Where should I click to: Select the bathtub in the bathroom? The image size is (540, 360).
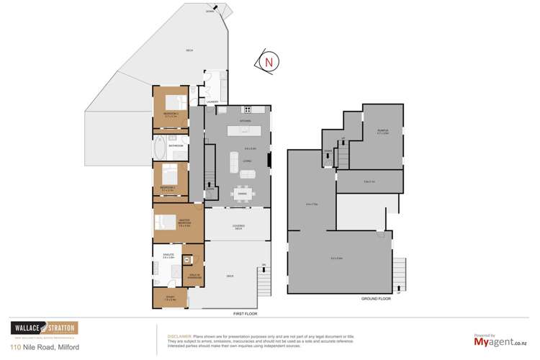click(159, 148)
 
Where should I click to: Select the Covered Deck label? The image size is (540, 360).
click(238, 228)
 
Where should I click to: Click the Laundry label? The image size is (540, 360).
click(212, 102)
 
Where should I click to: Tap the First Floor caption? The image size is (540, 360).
click(246, 314)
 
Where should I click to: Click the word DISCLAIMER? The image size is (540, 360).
click(179, 336)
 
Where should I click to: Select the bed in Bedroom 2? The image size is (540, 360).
click(170, 174)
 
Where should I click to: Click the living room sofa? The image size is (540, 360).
click(233, 162)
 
